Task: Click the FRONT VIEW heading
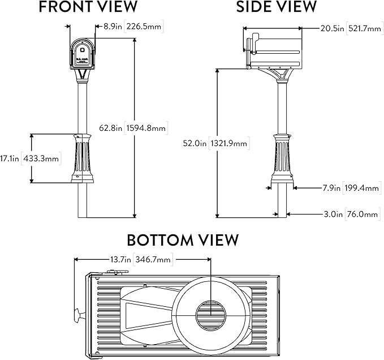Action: (88, 7)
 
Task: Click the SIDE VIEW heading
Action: (277, 7)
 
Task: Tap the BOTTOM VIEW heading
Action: (183, 239)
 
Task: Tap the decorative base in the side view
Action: (282, 158)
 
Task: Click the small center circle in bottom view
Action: (210, 315)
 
